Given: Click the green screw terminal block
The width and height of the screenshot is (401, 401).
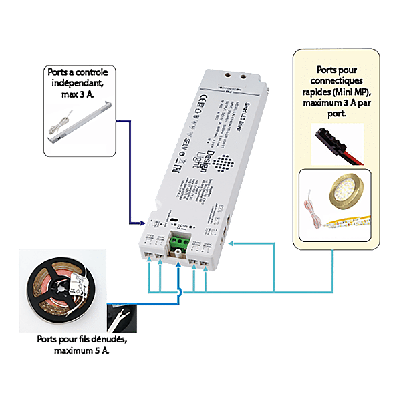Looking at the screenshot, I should (x=179, y=241).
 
